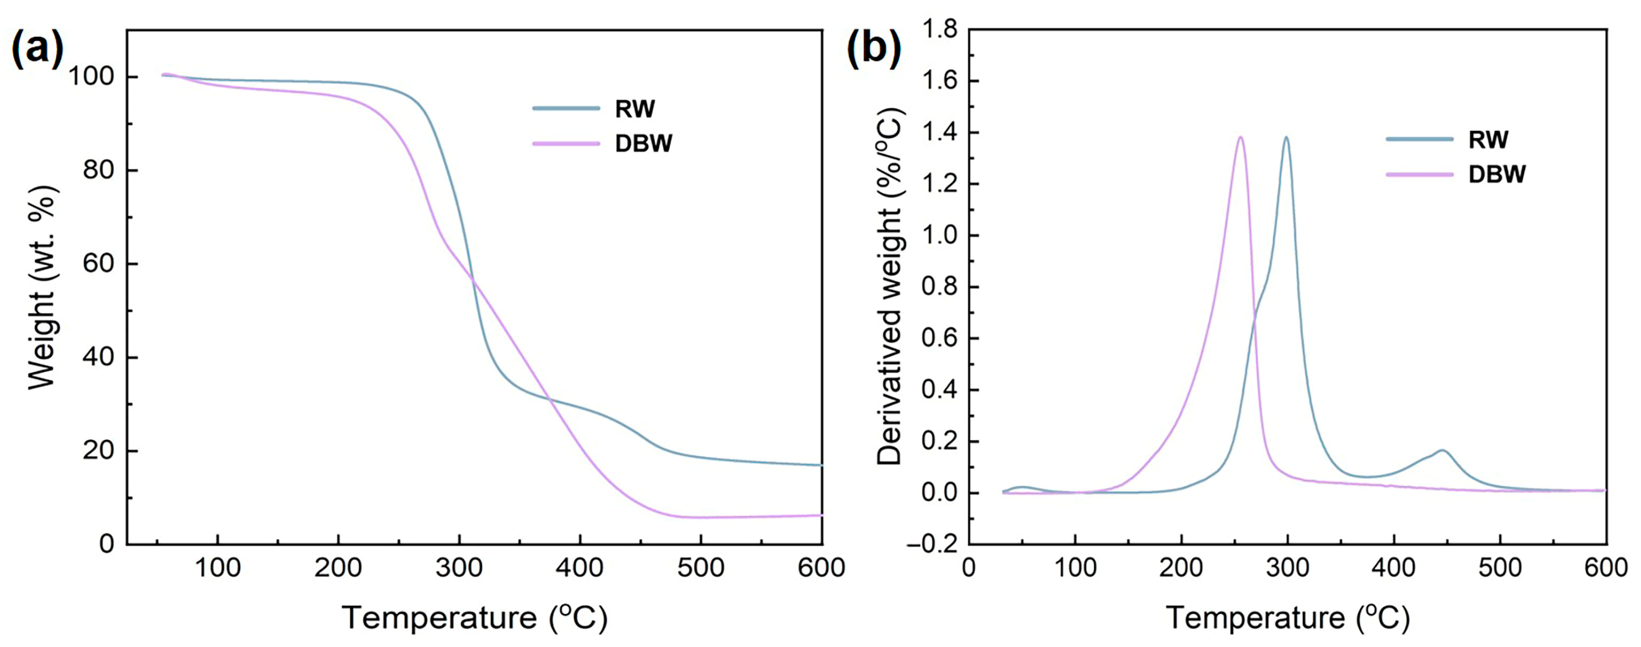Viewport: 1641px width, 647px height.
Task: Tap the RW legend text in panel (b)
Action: click(x=1488, y=140)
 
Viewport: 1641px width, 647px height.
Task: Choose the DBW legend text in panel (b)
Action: click(x=1497, y=174)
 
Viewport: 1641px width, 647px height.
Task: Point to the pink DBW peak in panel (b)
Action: click(x=1239, y=138)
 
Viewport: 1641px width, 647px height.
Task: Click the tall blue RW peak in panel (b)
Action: click(x=1286, y=138)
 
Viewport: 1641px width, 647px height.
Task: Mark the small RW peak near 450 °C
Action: click(x=1441, y=451)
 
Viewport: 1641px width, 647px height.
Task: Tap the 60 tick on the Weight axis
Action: click(x=98, y=264)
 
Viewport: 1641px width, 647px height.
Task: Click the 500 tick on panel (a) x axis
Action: click(x=701, y=567)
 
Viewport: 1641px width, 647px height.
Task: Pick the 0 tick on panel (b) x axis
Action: click(x=969, y=567)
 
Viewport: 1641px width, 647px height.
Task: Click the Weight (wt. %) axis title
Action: click(x=43, y=287)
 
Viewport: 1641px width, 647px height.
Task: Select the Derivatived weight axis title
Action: click(x=890, y=287)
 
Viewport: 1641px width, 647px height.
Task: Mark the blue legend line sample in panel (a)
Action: click(x=566, y=109)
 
